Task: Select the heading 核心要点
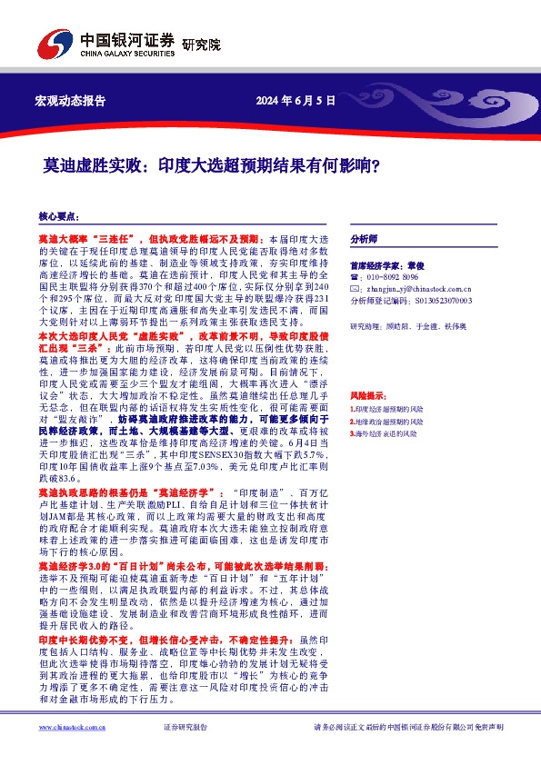point(58,217)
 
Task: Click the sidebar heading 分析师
point(364,239)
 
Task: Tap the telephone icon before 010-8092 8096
point(355,276)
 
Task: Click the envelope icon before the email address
point(355,287)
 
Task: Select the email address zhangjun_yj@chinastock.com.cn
point(416,287)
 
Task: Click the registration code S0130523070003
point(442,299)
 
